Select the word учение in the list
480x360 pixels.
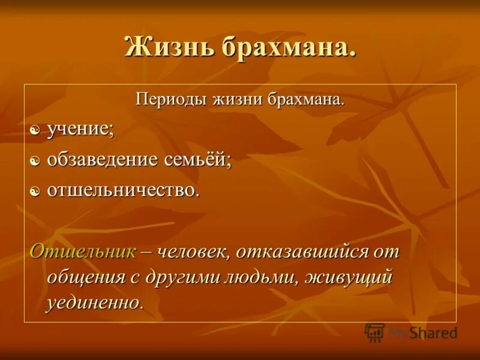80,129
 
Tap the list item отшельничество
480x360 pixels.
122,190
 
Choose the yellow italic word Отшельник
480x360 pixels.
83,251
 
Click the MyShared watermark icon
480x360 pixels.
374,332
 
